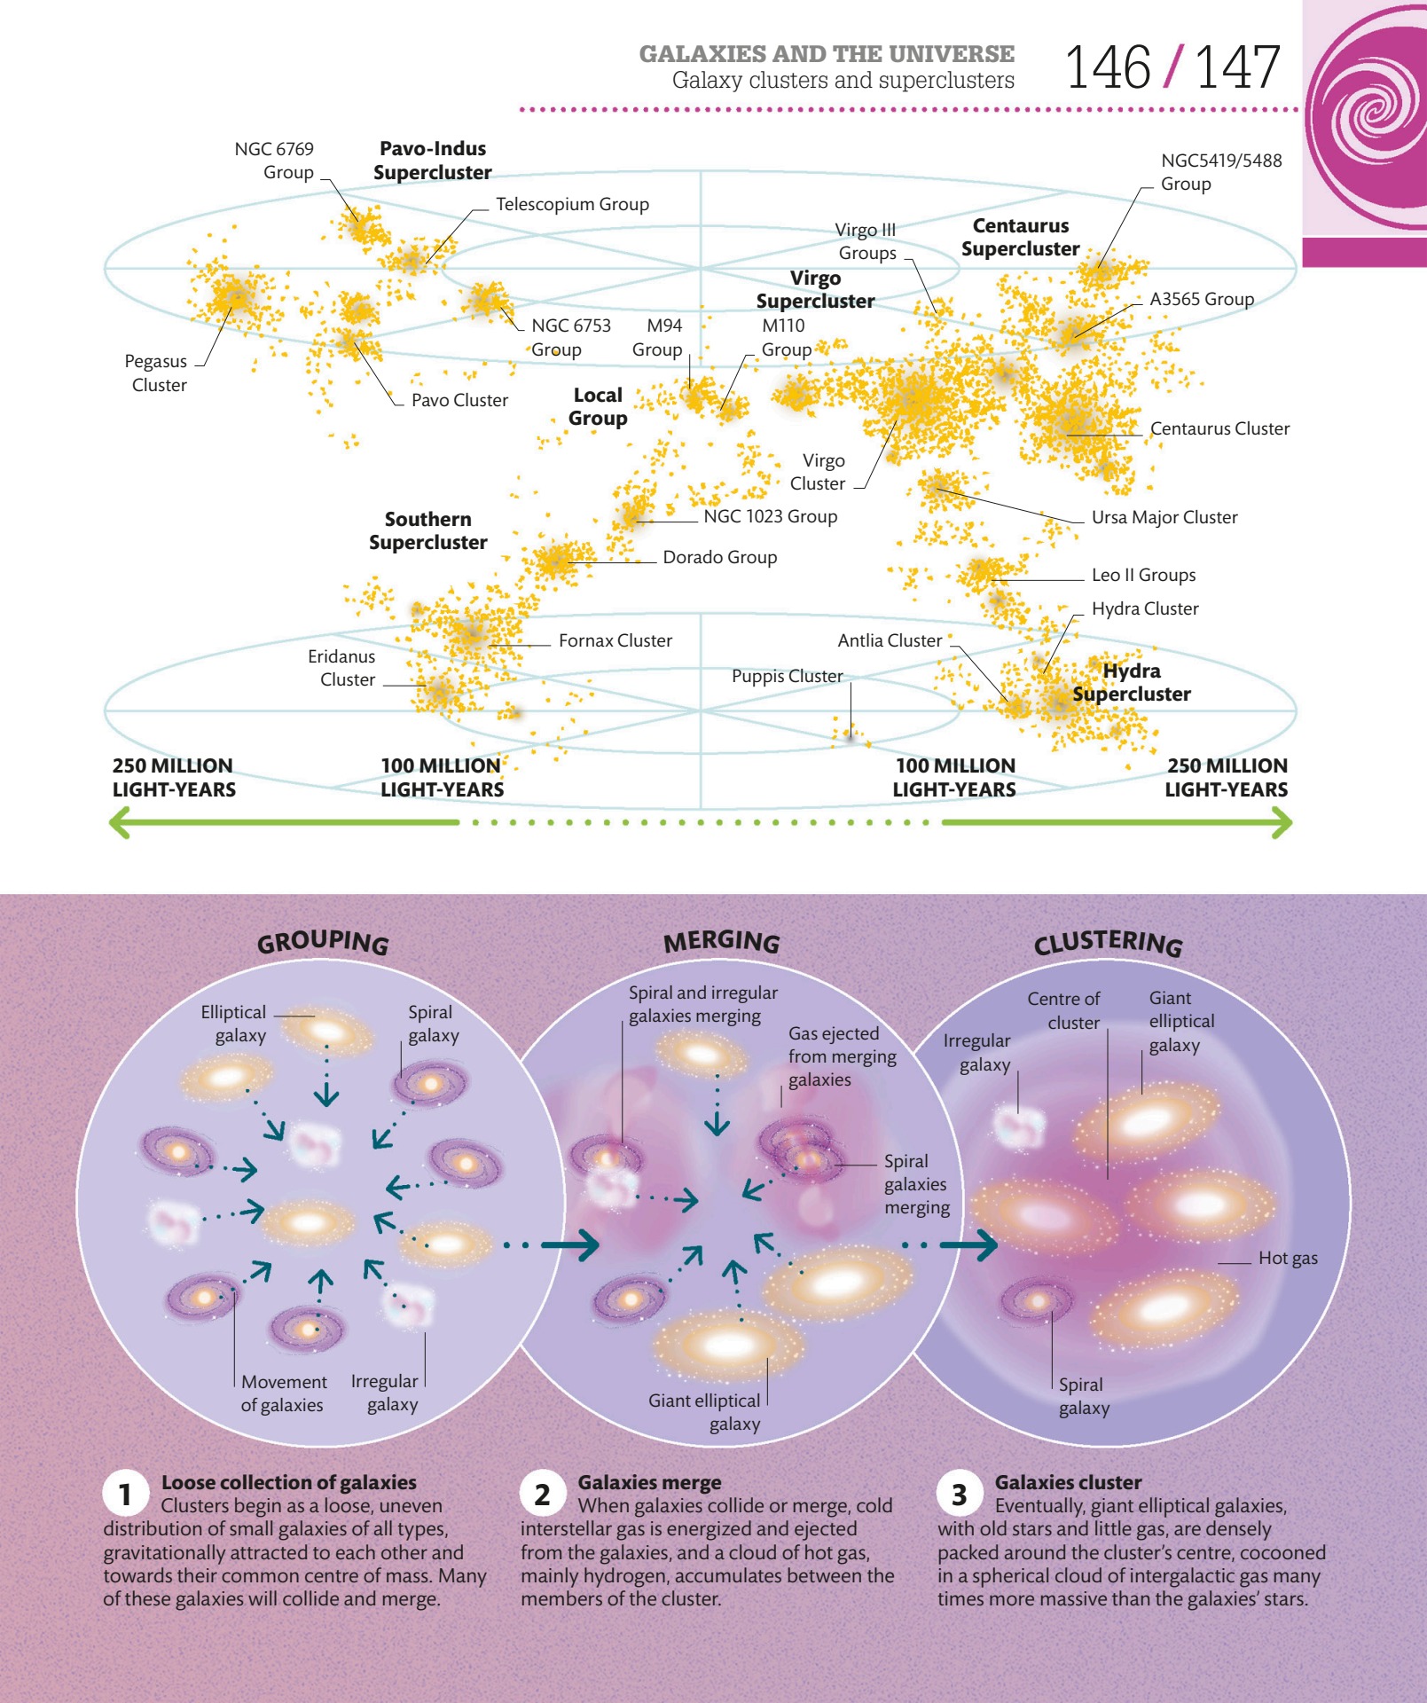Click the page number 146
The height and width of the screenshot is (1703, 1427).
[1108, 67]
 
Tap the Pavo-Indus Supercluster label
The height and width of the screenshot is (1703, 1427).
[432, 161]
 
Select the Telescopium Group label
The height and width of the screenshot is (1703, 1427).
[572, 204]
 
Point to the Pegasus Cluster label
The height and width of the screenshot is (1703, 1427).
[158, 373]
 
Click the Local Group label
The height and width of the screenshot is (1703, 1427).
[598, 406]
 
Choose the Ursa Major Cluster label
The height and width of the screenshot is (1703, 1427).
[1164, 517]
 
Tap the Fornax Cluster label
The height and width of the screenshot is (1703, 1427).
[615, 640]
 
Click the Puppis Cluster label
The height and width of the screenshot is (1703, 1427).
[787, 676]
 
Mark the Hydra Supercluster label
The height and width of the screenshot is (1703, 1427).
[1132, 682]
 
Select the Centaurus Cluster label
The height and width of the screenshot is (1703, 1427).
[1219, 428]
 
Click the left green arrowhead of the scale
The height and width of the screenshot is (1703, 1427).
[120, 822]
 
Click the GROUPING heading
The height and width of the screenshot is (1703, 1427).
[323, 941]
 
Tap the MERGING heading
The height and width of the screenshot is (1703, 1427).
[722, 941]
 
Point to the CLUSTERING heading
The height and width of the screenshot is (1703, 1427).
[1108, 943]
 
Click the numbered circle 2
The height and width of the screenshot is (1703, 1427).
[542, 1495]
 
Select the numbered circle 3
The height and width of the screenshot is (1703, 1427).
[959, 1495]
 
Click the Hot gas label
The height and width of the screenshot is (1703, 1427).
[1288, 1258]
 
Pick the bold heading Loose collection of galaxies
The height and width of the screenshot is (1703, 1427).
[288, 1482]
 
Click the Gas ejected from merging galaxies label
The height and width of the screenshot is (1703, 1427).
[841, 1056]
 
